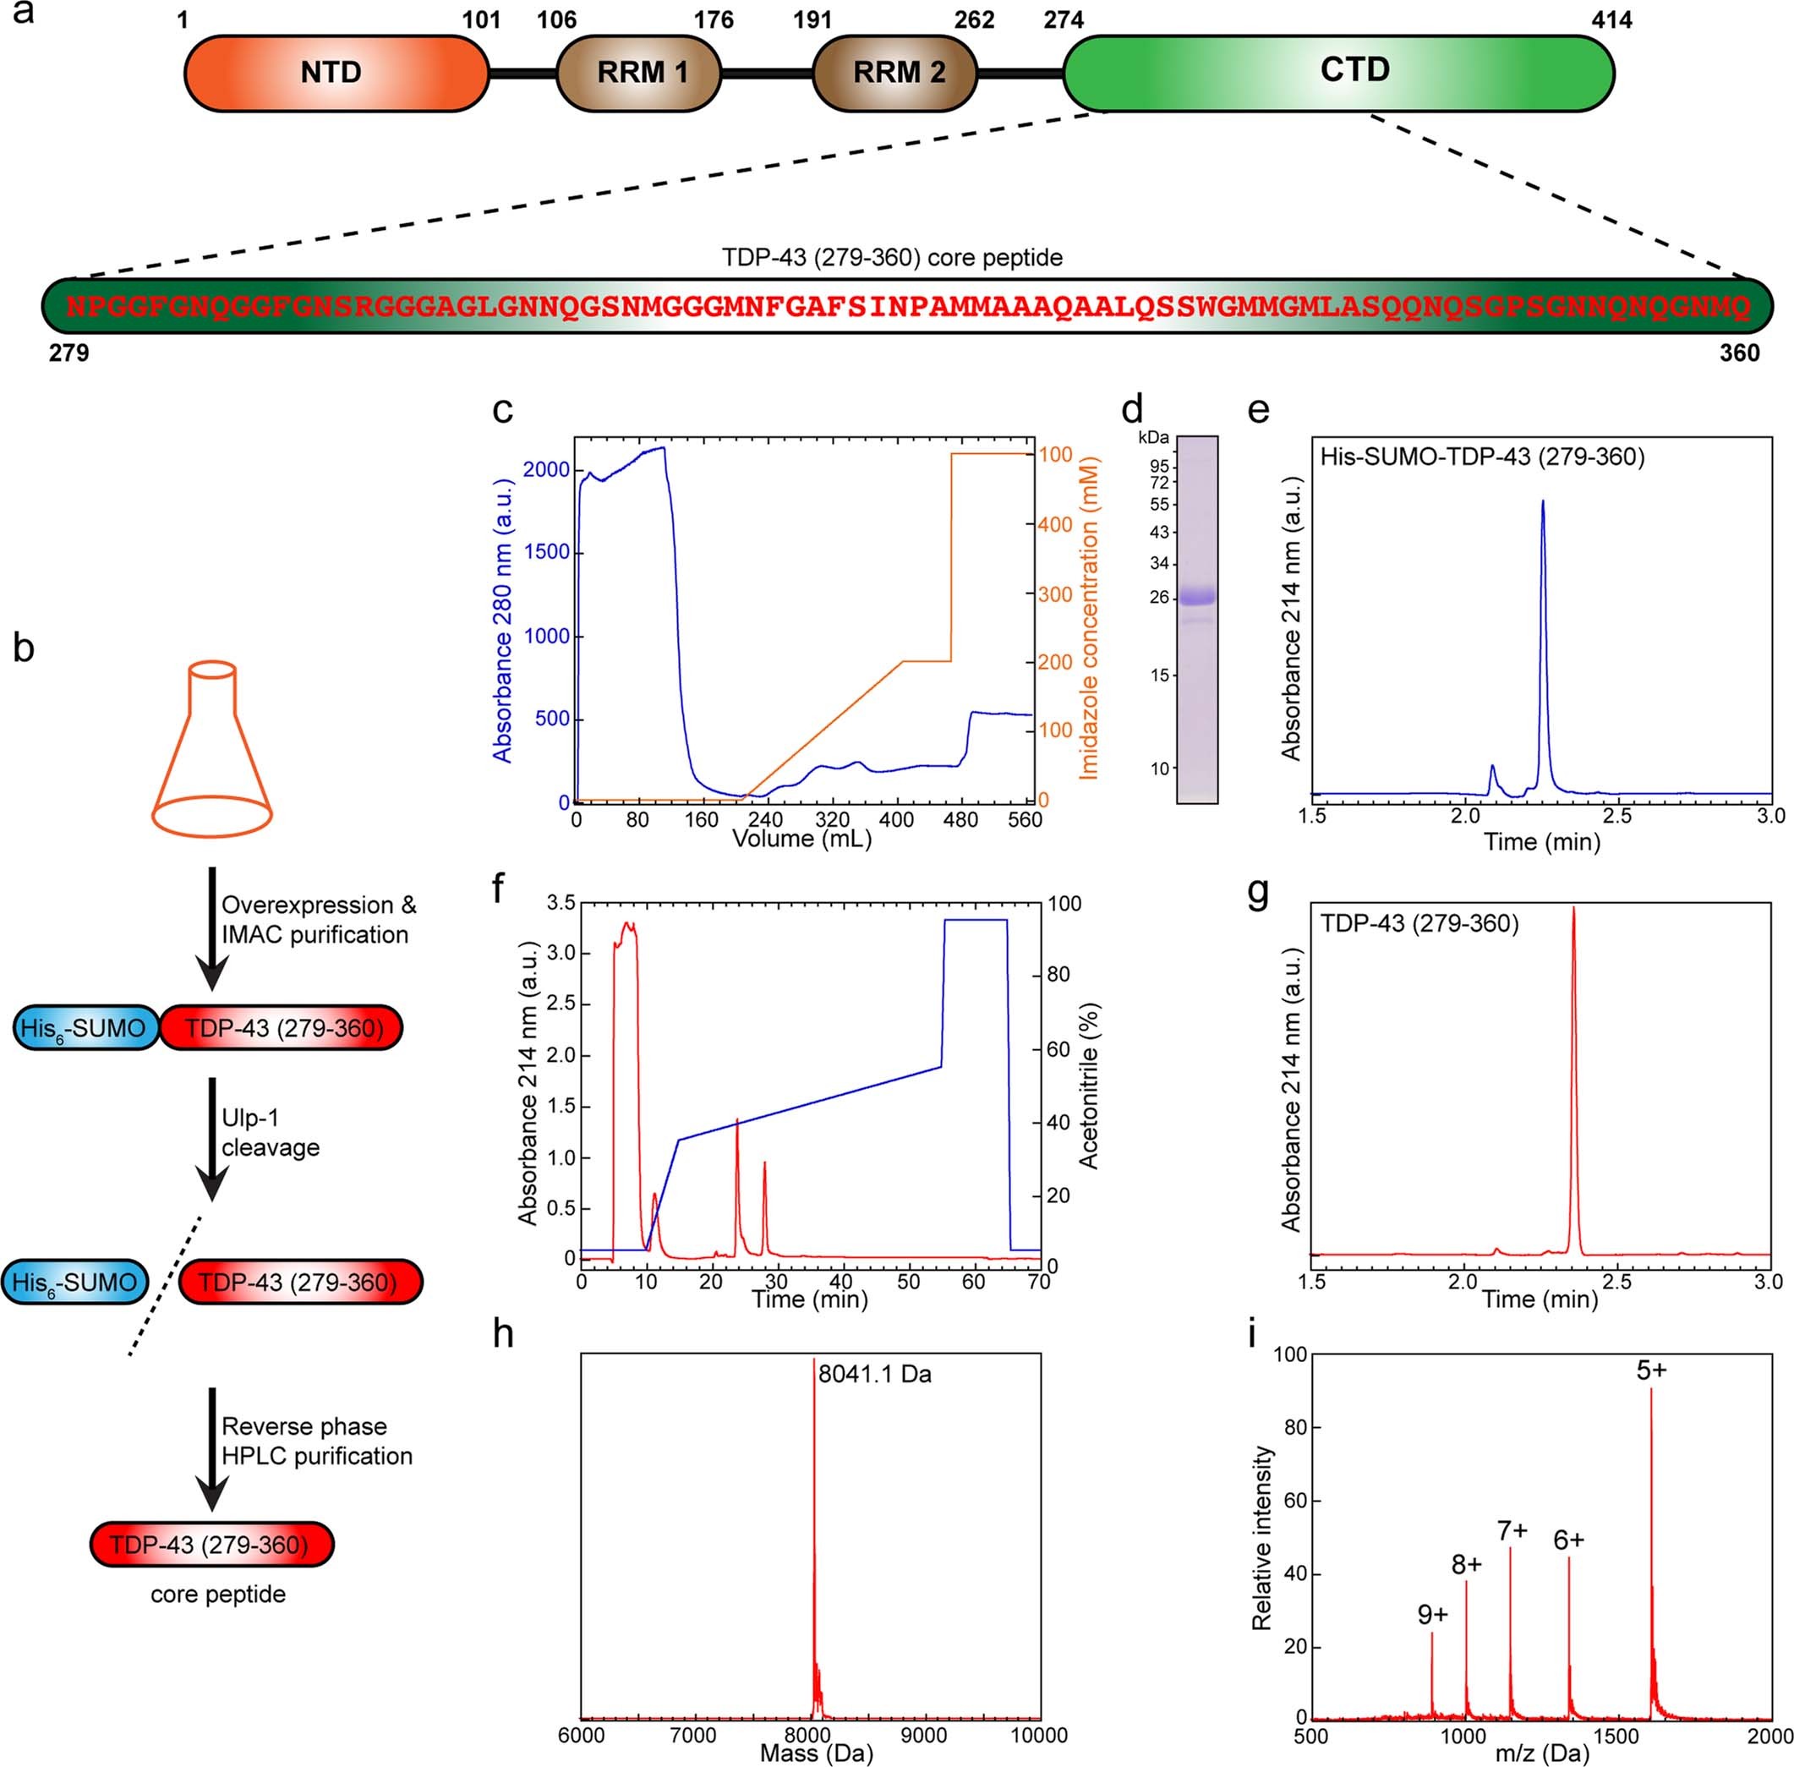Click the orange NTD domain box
pyautogui.click(x=336, y=74)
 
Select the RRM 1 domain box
pyautogui.click(x=639, y=74)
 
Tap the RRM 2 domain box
pyautogui.click(x=895, y=74)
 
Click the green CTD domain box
pyautogui.click(x=1338, y=73)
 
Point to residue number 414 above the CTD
pyautogui.click(x=1611, y=20)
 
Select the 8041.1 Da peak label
pyautogui.click(x=874, y=1374)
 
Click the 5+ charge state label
pyautogui.click(x=1651, y=1370)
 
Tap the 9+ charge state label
pyautogui.click(x=1432, y=1615)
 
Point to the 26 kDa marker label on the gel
pyautogui.click(x=1159, y=598)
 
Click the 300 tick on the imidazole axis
pyautogui.click(x=1055, y=594)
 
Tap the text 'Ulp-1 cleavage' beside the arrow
pyautogui.click(x=269, y=1133)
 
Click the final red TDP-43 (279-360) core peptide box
pyautogui.click(x=211, y=1545)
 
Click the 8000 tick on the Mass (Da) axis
pyautogui.click(x=808, y=1735)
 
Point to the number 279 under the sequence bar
pyautogui.click(x=68, y=353)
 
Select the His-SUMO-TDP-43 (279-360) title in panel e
pyautogui.click(x=1482, y=457)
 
